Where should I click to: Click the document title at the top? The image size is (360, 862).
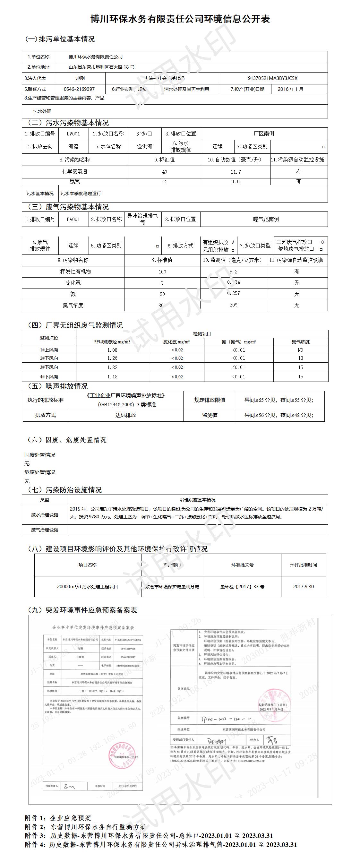pos(180,19)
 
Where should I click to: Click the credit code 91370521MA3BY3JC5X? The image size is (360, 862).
pos(272,78)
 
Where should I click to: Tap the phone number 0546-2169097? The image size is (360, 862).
pos(79,89)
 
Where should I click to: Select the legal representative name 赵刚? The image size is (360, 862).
pos(80,78)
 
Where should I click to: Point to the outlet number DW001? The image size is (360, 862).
pos(73,134)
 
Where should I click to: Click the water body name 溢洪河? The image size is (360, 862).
pos(144,146)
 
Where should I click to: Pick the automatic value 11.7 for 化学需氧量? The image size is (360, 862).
pos(236,172)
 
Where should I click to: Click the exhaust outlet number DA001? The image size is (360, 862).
pos(73,219)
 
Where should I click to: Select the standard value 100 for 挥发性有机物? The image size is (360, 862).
pos(162,272)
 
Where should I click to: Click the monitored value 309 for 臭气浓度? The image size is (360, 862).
pos(234,305)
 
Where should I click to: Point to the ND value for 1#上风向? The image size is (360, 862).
pos(300,350)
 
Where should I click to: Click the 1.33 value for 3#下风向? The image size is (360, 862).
pos(112,367)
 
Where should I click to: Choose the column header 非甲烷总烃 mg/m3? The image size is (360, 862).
pos(112,342)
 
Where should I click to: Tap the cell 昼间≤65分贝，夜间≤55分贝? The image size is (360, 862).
pos(279,400)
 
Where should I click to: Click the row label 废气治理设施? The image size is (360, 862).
pos(45,530)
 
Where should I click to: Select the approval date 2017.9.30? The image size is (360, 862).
pos(304,586)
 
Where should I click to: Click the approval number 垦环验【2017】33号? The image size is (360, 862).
pos(242,586)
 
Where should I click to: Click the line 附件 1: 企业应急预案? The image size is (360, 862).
pos(58,818)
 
